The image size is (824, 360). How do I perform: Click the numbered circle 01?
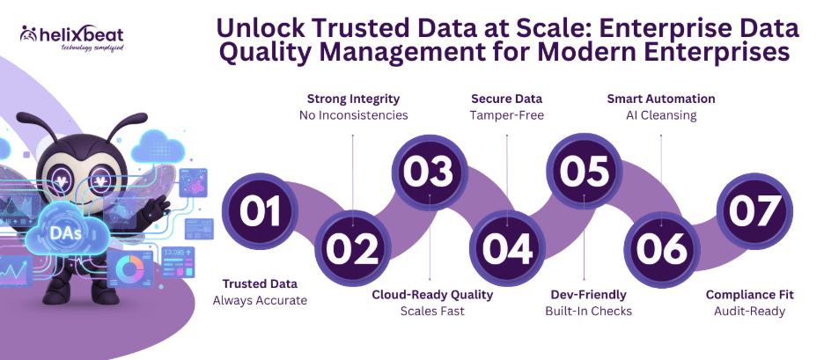262,211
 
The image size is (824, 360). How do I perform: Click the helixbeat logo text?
77,34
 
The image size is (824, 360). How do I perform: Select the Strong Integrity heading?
352,99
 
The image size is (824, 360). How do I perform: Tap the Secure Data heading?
507,99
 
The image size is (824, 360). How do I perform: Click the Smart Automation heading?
661,99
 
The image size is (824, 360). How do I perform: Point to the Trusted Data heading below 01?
260,283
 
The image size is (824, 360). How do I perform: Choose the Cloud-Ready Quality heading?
431,294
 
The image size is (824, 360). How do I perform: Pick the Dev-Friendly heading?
586,294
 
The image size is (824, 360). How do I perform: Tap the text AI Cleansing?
661,115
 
